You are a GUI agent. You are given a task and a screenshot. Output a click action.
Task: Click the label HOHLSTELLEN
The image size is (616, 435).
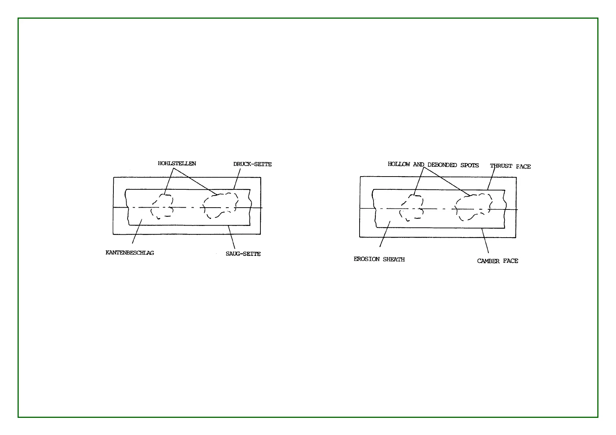(x=177, y=163)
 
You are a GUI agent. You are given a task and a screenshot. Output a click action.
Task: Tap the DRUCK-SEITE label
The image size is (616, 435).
(x=252, y=164)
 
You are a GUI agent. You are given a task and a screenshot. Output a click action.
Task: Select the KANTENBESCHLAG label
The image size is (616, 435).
(x=129, y=253)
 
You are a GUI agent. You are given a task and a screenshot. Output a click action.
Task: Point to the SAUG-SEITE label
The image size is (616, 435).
(x=243, y=254)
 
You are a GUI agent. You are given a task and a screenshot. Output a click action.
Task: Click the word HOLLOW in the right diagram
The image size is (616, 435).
(x=399, y=164)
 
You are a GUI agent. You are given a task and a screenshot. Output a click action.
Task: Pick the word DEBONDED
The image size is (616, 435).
(x=442, y=165)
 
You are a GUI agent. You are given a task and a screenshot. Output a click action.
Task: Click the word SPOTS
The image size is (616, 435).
(x=469, y=165)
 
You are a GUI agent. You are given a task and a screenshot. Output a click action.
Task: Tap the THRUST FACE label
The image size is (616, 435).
(x=510, y=166)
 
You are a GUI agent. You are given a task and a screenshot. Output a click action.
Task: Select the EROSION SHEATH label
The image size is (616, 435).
(x=379, y=259)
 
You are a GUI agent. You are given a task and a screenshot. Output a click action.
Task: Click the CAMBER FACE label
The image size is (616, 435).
(x=497, y=261)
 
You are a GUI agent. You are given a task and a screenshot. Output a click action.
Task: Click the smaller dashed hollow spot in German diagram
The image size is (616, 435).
(x=162, y=206)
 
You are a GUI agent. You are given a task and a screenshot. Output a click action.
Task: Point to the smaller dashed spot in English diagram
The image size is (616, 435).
(x=412, y=207)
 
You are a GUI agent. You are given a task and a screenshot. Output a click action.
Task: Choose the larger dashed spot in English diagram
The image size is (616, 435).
(x=473, y=207)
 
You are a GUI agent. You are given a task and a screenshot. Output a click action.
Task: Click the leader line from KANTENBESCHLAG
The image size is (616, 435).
(x=137, y=231)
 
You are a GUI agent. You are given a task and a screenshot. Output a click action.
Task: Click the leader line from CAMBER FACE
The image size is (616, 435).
(x=485, y=241)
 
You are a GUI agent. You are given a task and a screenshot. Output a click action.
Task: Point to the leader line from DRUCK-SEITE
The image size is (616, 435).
(x=237, y=179)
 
